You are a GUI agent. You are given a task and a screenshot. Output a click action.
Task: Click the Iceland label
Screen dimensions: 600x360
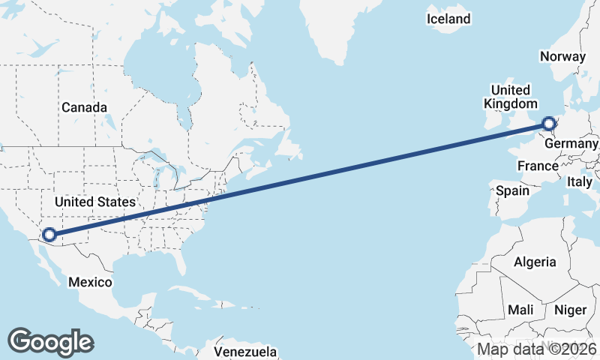pyautogui.click(x=448, y=19)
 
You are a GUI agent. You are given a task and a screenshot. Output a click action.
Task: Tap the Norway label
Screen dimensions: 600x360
pyautogui.click(x=562, y=56)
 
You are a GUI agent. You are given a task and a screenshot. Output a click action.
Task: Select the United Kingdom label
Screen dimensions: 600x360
pyautogui.click(x=511, y=97)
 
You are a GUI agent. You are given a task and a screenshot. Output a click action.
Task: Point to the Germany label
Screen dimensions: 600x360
pyautogui.click(x=572, y=143)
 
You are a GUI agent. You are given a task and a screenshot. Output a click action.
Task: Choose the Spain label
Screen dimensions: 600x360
pyautogui.click(x=512, y=190)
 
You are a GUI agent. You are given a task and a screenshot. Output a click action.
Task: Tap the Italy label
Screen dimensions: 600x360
pyautogui.click(x=579, y=181)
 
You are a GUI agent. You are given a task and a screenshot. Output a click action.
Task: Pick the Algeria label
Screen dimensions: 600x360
pyautogui.click(x=535, y=262)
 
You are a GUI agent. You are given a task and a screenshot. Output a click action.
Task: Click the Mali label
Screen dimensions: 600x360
pyautogui.click(x=520, y=310)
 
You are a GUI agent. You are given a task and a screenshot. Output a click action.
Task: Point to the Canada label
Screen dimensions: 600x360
pyautogui.click(x=84, y=107)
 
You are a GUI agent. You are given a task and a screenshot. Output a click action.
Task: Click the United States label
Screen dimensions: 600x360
pyautogui.click(x=94, y=202)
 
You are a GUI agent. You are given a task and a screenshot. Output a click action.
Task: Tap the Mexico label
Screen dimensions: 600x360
pyautogui.click(x=90, y=282)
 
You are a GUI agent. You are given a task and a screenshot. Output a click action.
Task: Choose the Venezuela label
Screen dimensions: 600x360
pyautogui.click(x=245, y=352)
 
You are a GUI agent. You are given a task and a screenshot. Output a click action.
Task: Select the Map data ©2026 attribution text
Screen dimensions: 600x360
pyautogui.click(x=537, y=349)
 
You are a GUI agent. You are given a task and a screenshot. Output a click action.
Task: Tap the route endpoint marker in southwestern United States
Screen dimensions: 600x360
pyautogui.click(x=49, y=235)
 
